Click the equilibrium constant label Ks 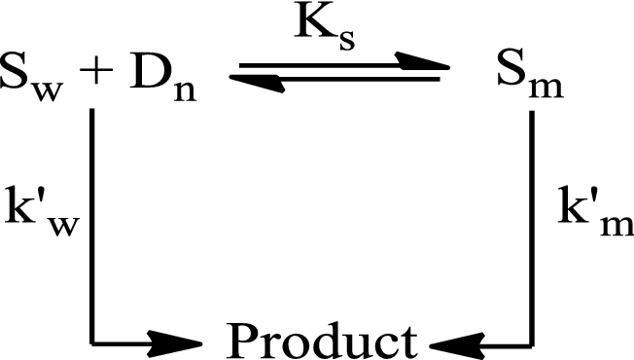tap(325, 29)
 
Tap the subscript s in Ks tap(347, 41)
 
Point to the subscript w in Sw tap(49, 90)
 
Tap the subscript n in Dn tap(185, 90)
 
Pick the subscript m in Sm tap(546, 90)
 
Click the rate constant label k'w tap(42, 211)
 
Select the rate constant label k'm tap(595, 211)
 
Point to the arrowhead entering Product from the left tap(175, 344)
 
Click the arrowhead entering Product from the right tap(457, 345)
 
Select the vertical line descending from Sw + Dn tap(92, 227)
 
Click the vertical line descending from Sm tap(531, 229)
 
